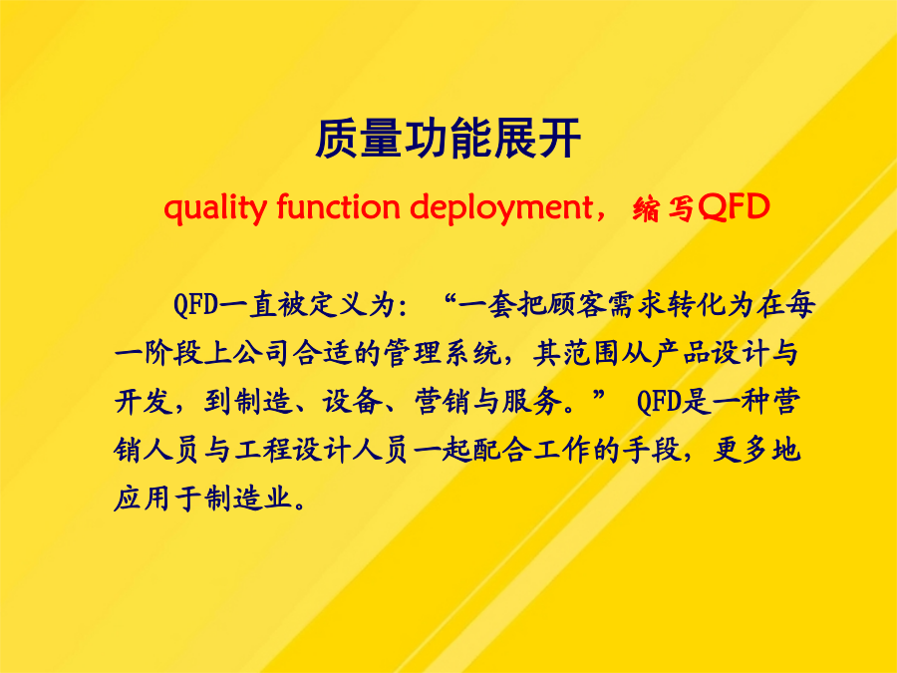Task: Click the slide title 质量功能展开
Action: [x=448, y=139]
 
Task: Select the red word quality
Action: [x=215, y=208]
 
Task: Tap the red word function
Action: [x=338, y=206]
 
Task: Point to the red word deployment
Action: [x=501, y=208]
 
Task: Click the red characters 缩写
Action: [x=664, y=208]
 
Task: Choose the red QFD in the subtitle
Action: [x=734, y=207]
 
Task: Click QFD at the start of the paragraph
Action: [x=195, y=304]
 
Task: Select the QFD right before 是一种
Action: [x=659, y=402]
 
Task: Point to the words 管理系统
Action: [x=443, y=353]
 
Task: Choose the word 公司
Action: [x=263, y=353]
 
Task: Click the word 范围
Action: [x=591, y=353]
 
